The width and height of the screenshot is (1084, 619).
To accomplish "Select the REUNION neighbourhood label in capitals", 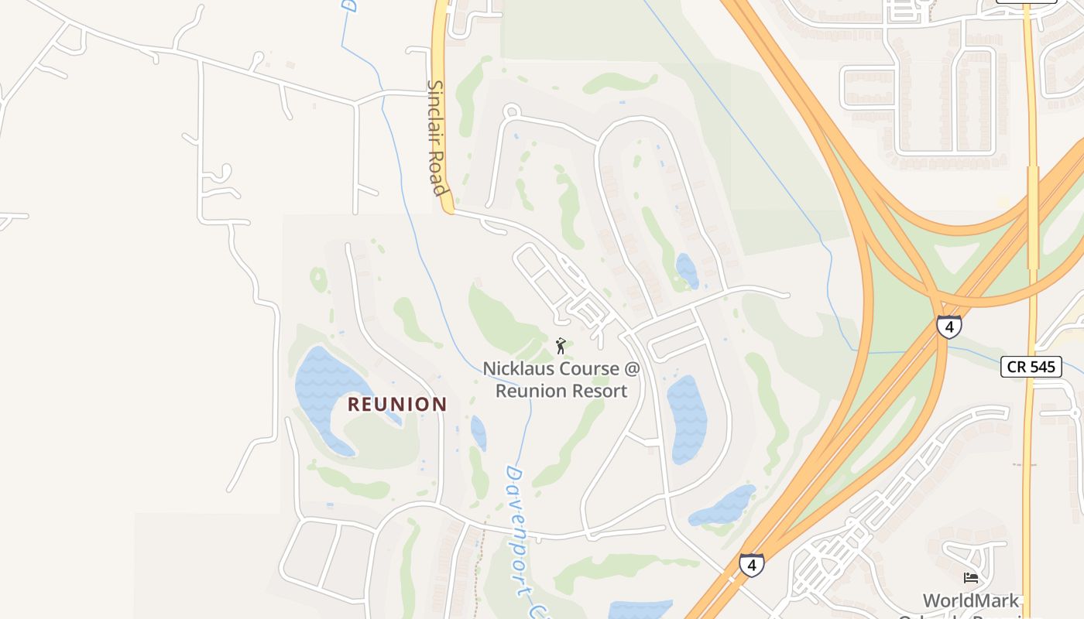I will click(397, 404).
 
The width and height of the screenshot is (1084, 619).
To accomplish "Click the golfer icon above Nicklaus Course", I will click(561, 346).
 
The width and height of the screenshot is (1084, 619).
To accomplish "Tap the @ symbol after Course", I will click(633, 369).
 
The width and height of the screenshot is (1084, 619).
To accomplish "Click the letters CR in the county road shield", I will click(1018, 367).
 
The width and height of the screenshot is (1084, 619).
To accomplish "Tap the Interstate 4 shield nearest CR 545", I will click(948, 327).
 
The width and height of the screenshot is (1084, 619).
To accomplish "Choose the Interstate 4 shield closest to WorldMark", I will click(751, 565).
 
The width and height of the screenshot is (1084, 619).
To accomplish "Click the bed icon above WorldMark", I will click(971, 577).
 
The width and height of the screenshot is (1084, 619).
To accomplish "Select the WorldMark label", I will click(970, 600).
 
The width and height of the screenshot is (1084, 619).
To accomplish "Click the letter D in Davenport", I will click(513, 473).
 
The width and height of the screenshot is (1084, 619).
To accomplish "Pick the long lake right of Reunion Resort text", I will click(686, 418).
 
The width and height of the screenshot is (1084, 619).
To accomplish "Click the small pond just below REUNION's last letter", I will click(479, 433).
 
